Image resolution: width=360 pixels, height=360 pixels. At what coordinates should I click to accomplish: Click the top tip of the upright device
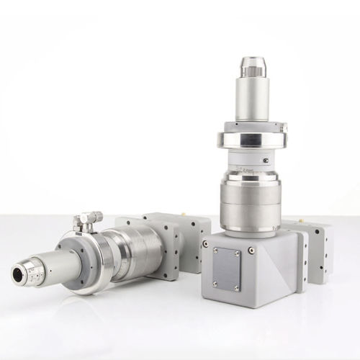tap(253, 65)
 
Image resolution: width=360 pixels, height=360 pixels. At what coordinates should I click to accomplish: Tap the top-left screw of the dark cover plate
tap(215, 253)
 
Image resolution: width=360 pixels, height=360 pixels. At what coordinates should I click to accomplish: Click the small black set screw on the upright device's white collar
tap(266, 161)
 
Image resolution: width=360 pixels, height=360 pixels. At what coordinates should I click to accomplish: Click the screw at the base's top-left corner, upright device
tap(205, 243)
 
